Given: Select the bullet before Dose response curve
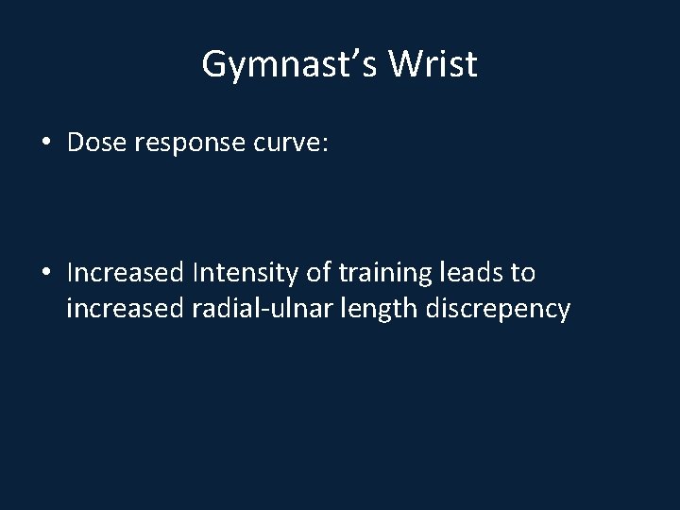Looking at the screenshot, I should (x=46, y=144).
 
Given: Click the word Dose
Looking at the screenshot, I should (x=97, y=143).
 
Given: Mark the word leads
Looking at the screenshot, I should (x=472, y=273).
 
